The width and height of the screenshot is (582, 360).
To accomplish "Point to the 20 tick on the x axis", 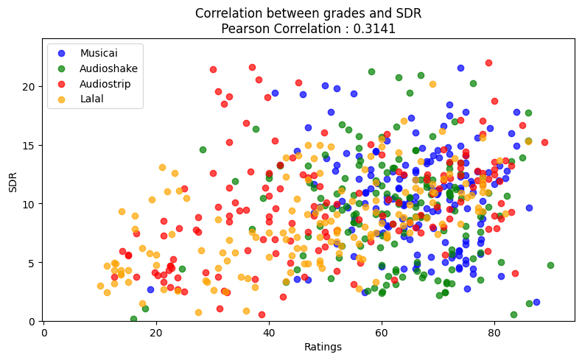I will click(156, 331).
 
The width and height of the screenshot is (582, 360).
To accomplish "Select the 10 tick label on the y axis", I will click(29, 204).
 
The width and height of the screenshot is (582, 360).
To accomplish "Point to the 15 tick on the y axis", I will click(29, 145).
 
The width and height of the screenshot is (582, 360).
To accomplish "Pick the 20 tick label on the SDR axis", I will click(29, 86).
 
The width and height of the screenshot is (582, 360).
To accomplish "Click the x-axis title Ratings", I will click(309, 346).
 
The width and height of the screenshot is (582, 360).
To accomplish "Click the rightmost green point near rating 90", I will click(550, 265).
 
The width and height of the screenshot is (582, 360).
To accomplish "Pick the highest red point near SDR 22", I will click(488, 63).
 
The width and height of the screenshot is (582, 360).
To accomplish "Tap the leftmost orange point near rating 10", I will click(100, 286).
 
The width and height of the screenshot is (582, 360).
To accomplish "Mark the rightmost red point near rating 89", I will click(544, 142).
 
